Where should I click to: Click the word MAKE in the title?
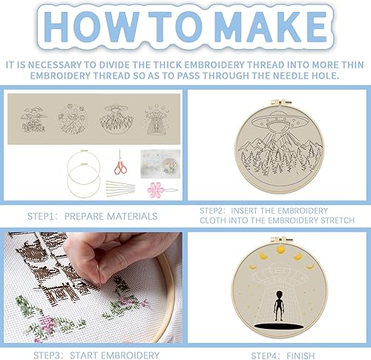tap(270, 27)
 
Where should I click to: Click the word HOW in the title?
tap(91, 27)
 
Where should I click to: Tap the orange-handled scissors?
tap(120, 162)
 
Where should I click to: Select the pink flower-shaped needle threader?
tap(156, 190)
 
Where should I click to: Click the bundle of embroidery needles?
tap(121, 189)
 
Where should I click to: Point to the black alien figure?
tap(279, 305)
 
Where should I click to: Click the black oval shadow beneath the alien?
tap(278, 327)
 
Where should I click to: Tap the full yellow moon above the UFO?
tap(280, 250)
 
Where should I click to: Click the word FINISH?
tap(301, 356)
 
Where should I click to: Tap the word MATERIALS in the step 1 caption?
tap(132, 216)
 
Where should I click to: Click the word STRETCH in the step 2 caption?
tap(338, 220)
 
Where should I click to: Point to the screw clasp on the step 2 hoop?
tap(281, 102)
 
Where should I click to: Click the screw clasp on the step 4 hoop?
tap(281, 240)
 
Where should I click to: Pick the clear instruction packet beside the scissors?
tap(160, 164)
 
